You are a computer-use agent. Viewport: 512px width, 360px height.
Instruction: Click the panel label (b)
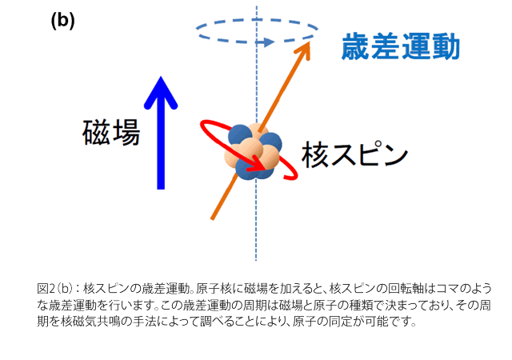pyautogui.click(x=62, y=21)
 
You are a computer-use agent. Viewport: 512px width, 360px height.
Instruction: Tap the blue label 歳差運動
pyautogui.click(x=401, y=46)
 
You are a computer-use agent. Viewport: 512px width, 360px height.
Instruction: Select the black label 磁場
pyautogui.click(x=111, y=132)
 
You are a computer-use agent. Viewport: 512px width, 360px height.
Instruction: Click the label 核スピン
pyautogui.click(x=354, y=154)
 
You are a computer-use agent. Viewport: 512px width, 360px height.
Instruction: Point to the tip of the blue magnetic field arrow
pyautogui.click(x=161, y=77)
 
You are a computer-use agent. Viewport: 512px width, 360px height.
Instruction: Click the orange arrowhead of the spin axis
pyautogui.click(x=304, y=49)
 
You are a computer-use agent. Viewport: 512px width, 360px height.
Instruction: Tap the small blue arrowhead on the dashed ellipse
pyautogui.click(x=269, y=42)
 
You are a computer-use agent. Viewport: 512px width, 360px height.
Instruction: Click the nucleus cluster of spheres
pyautogui.click(x=253, y=152)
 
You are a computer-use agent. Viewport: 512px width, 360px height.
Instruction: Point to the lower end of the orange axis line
pyautogui.click(x=212, y=219)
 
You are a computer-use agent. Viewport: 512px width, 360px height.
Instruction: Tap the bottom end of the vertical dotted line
pyautogui.click(x=256, y=260)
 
